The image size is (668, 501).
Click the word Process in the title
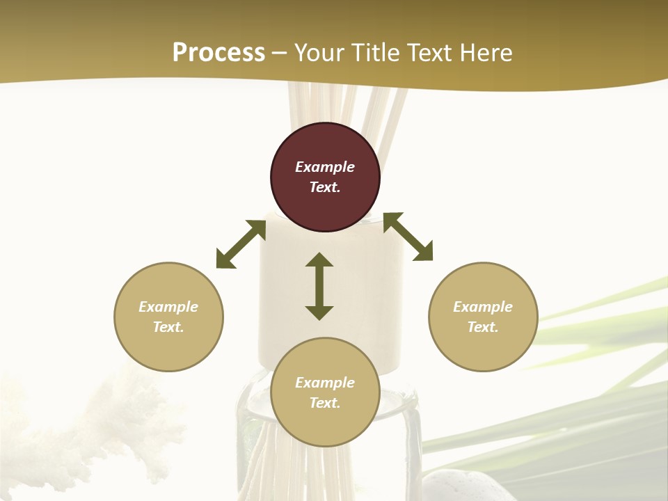pos(218,53)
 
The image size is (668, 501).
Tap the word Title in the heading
pos(379,53)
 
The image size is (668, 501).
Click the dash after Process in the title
pos(280,54)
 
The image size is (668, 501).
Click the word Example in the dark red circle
pos(325,167)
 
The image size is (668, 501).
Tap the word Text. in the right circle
pos(483,327)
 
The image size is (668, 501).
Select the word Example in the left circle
pos(168,307)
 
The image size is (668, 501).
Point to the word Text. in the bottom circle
pos(325,403)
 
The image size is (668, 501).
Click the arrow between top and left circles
pos(241,244)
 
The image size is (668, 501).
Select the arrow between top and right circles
pos(408,237)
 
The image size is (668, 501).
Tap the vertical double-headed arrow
pos(319,286)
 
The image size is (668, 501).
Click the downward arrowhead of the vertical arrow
pos(319,312)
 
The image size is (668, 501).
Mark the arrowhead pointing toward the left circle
pos(225,260)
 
